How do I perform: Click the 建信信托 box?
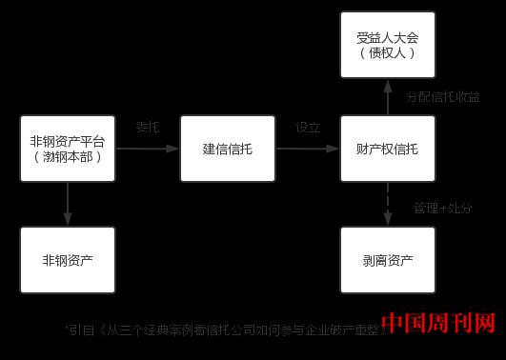228,149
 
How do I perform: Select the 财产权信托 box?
387,149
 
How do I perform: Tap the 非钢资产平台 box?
68,149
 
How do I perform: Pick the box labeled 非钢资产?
68,259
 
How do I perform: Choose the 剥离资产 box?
387,259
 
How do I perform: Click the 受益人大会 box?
387,44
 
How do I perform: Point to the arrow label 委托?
148,127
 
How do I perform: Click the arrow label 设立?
308,127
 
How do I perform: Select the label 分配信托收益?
442,97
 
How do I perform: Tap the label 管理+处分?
442,208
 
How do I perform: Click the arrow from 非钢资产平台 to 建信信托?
148,149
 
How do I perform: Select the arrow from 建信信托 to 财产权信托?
308,149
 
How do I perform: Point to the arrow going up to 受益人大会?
387,97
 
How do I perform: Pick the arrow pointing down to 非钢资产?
68,204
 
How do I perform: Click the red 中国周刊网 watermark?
438,325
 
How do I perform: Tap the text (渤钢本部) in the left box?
68,157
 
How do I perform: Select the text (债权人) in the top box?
387,53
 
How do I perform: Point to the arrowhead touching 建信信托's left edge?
174,149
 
